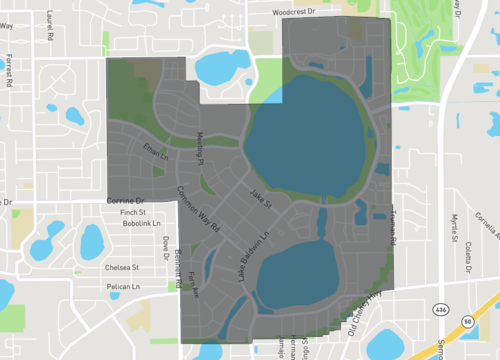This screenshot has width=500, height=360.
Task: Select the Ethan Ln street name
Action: point(155,152)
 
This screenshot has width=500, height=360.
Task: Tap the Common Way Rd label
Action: point(199,210)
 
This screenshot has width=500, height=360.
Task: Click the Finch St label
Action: point(133,213)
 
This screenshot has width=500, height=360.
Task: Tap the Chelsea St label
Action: point(122,267)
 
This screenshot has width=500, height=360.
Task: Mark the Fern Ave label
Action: point(194,284)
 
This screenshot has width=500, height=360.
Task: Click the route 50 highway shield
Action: point(468,320)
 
